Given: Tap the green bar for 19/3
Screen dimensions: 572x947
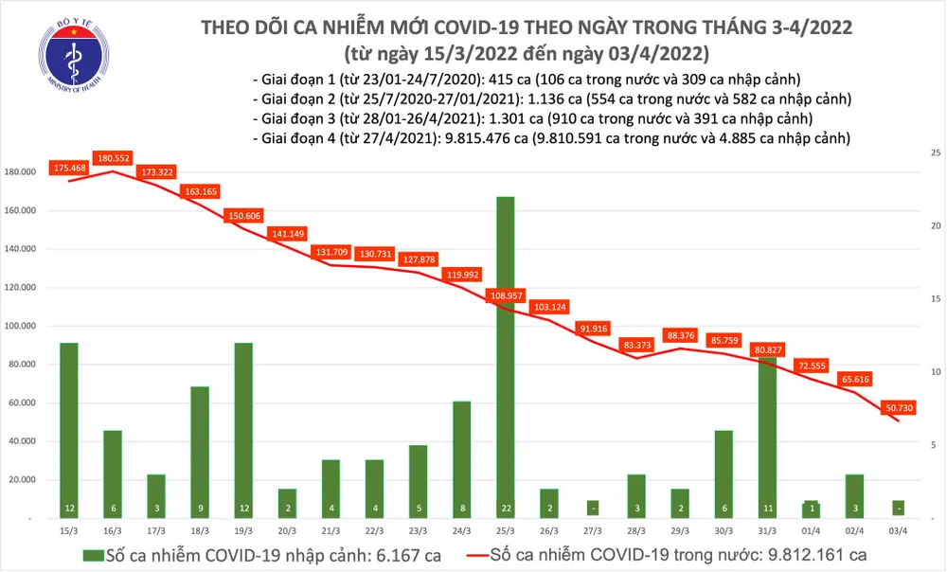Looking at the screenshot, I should (x=242, y=430).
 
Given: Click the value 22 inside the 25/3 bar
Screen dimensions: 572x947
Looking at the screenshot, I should (x=505, y=509).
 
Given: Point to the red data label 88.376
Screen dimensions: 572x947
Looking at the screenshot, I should (x=681, y=334).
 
